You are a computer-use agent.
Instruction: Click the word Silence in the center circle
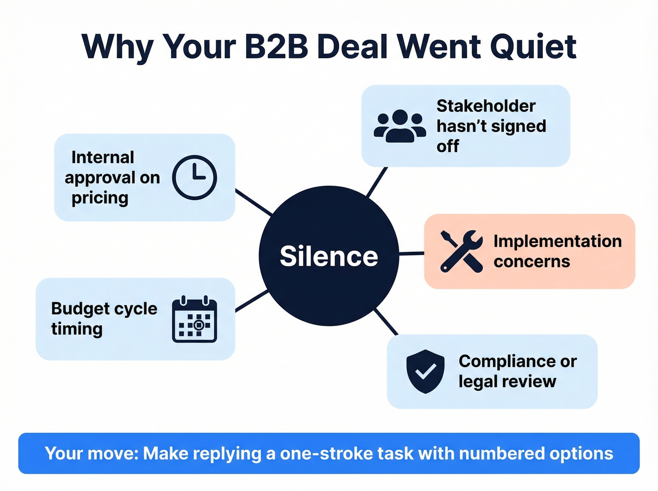click(329, 257)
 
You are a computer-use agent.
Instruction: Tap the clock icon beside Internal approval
click(195, 178)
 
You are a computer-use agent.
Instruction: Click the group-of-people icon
click(399, 125)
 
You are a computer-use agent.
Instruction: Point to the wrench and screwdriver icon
click(461, 251)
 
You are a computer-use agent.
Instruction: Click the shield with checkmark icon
click(425, 371)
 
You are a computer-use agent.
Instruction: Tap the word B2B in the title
click(276, 47)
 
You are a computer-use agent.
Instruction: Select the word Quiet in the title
click(533, 47)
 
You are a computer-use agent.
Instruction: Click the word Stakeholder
click(486, 106)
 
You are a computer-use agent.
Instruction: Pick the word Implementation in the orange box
click(557, 241)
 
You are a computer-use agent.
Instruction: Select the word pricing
click(100, 198)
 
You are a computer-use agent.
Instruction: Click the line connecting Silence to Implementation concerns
click(412, 254)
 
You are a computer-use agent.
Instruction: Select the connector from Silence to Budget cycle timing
click(252, 301)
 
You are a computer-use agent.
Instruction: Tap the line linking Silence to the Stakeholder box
click(377, 182)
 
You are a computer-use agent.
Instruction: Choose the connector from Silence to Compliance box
click(386, 322)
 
